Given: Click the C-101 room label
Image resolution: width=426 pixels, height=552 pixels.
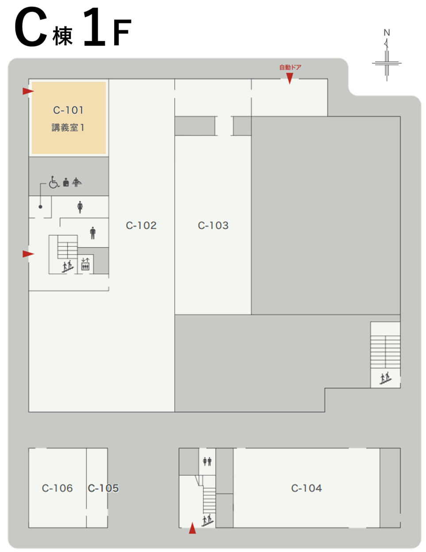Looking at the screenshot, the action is [68, 110].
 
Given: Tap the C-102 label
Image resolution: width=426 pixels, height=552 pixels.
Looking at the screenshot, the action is [141, 225].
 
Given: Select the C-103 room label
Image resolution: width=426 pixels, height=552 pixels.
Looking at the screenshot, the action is [213, 225].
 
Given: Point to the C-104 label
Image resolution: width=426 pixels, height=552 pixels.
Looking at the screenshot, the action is [307, 488].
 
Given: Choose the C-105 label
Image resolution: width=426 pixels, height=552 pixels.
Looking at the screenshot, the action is [103, 488].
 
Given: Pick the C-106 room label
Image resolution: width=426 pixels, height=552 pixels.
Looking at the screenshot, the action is [57, 488].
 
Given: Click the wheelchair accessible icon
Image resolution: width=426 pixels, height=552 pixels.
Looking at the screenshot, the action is [54, 182].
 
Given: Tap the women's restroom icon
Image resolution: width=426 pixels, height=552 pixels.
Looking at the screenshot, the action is [80, 207].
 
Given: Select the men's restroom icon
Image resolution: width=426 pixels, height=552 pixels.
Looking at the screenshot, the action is [93, 233].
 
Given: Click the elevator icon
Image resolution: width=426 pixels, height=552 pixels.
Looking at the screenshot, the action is [85, 264].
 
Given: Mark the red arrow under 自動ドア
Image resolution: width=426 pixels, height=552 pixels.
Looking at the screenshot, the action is [289, 78].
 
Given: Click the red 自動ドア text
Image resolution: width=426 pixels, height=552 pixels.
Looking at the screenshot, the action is [290, 67].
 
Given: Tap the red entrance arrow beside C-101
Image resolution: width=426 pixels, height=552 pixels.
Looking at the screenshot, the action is [28, 91].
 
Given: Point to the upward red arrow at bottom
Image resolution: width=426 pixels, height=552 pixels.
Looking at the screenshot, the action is [192, 528].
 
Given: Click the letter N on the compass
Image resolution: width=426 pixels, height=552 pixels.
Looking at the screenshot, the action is [386, 33].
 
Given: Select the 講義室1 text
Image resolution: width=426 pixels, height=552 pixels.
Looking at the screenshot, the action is [68, 127].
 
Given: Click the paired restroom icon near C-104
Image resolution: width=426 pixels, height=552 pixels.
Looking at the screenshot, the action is [207, 461].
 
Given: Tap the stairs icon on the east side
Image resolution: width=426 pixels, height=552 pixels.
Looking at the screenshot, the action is [385, 378].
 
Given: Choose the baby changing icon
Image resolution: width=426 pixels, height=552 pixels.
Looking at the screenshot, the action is [77, 182].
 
